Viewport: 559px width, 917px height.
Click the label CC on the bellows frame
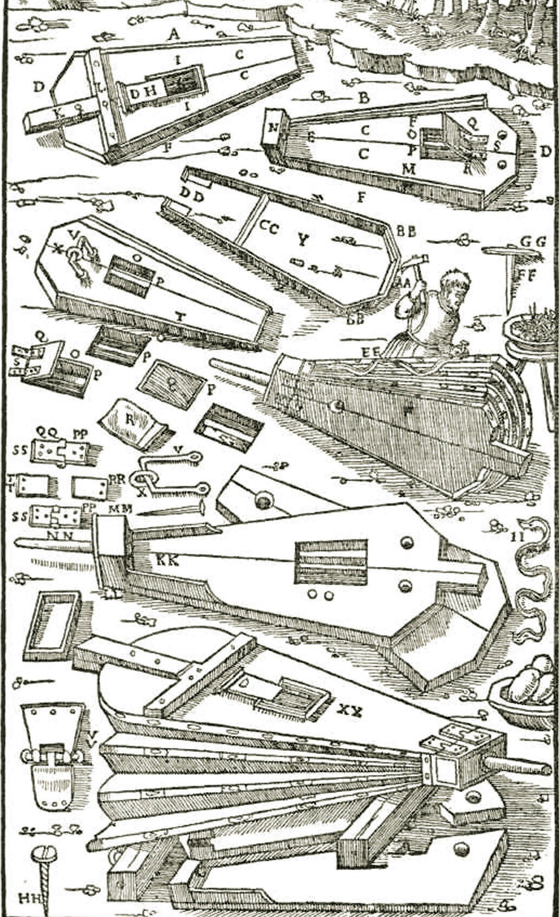268,228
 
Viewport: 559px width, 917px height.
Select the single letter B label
364,98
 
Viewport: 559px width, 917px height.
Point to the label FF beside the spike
527,276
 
